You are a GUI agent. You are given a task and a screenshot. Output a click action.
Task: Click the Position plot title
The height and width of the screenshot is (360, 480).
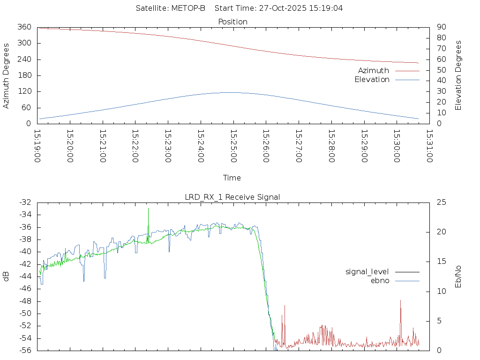[232, 22]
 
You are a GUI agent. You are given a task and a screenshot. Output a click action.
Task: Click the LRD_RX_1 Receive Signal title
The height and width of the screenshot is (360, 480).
[232, 197]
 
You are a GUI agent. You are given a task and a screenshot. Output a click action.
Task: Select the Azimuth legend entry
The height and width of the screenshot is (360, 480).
[373, 70]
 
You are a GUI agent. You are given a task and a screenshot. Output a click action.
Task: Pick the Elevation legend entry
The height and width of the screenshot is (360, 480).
[372, 80]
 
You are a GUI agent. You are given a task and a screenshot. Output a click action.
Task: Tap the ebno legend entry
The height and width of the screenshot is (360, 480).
[380, 280]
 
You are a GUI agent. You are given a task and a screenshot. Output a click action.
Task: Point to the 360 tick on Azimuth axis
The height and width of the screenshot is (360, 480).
[24, 27]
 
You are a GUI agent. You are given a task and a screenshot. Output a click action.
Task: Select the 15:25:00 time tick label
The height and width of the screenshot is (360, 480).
[233, 146]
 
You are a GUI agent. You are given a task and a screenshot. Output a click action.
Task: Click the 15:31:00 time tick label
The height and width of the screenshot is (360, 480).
[429, 146]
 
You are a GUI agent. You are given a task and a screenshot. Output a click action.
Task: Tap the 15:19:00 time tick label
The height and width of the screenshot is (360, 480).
[37, 146]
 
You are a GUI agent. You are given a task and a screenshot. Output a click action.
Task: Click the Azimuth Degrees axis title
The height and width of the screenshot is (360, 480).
[6, 75]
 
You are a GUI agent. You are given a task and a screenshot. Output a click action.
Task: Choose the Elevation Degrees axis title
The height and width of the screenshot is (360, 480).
[458, 75]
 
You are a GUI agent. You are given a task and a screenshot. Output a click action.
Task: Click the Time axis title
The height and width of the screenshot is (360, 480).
[232, 178]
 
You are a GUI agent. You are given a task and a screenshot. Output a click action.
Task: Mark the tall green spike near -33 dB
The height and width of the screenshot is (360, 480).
[148, 209]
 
